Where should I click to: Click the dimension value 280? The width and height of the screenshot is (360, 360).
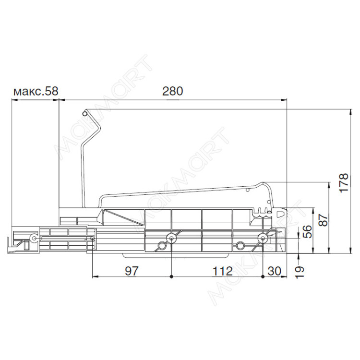[173, 91]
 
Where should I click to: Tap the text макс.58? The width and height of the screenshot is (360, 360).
[36, 91]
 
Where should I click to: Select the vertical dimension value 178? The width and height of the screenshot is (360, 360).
[344, 183]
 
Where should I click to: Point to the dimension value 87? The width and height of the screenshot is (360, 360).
[324, 220]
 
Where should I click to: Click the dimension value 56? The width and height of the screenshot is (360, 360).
[307, 231]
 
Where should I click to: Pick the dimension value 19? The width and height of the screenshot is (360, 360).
[300, 272]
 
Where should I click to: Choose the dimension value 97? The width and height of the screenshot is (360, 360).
[132, 271]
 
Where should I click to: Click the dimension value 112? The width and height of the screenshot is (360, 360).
[222, 271]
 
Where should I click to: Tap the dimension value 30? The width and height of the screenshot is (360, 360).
[275, 271]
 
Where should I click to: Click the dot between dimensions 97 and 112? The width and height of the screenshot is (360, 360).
[171, 276]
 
